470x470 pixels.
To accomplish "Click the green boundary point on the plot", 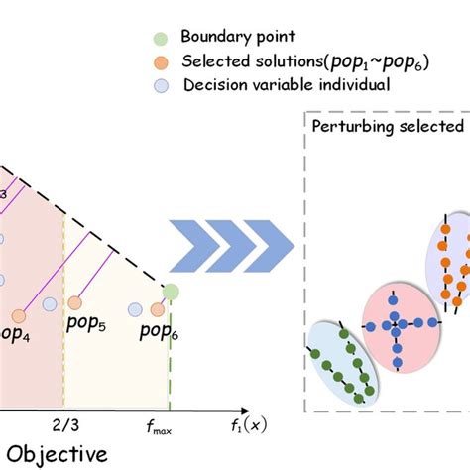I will coord(171,292).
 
